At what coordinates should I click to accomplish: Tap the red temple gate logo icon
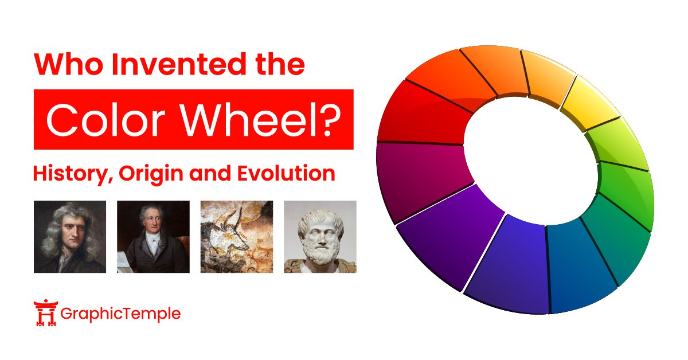click(x=45, y=314)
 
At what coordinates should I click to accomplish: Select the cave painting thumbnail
click(x=236, y=236)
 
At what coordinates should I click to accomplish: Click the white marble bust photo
click(x=320, y=236)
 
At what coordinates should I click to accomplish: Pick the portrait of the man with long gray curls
click(x=70, y=236)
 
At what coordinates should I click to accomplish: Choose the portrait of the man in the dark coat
click(x=153, y=236)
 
